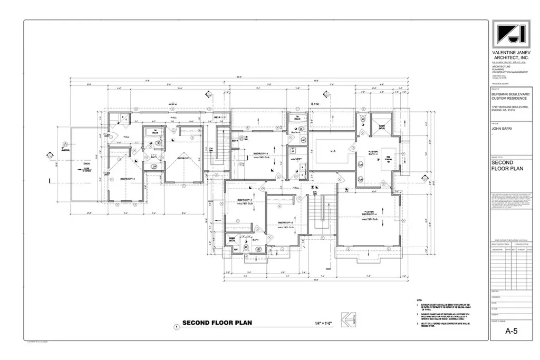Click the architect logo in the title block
click(509, 35)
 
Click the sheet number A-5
click(510, 332)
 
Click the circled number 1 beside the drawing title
click(176, 326)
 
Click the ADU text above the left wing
click(172, 103)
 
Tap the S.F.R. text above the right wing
click(316, 103)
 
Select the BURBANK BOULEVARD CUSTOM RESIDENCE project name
click(509, 96)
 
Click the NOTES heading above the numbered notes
click(419, 299)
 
